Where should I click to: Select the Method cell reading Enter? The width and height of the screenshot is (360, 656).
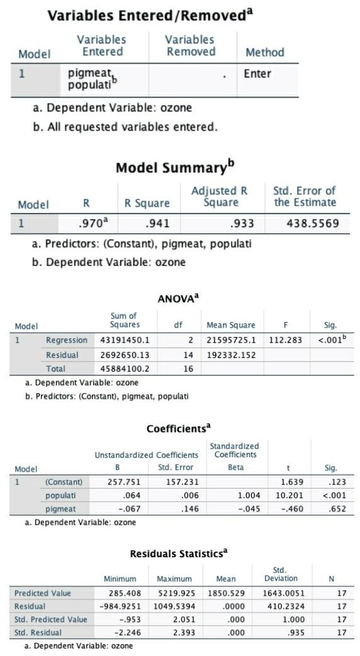coord(257,74)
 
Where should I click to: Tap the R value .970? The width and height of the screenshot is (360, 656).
coord(88,223)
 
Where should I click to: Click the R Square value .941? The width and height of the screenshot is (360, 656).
coord(157,223)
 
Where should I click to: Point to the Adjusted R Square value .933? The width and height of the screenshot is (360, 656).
coord(235,223)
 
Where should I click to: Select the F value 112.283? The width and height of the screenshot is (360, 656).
coord(286,340)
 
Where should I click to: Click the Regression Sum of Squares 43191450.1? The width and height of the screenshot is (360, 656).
coord(125,340)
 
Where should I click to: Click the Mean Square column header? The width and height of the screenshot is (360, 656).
coord(231,325)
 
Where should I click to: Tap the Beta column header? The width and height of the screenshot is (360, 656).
coord(233,468)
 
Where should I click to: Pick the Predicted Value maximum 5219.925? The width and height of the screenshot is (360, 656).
coord(174,593)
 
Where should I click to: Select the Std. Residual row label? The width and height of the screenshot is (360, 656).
coord(38,633)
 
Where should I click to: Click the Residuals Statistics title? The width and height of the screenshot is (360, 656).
coord(179,554)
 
